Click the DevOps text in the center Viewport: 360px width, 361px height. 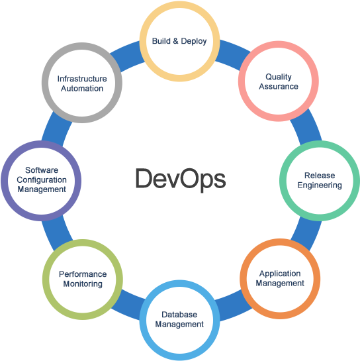(180, 179)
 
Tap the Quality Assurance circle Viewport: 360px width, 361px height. (278, 81)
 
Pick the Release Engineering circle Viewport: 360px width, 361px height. (320, 180)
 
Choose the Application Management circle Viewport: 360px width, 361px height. (280, 278)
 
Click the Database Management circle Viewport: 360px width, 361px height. (179, 319)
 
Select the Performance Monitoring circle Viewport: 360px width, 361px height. (83, 278)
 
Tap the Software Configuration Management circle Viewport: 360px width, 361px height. (42, 180)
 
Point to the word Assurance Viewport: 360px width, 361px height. (279, 87)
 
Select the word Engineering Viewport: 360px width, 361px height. (320, 185)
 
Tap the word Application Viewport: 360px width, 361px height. (280, 274)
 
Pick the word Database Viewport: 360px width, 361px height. (179, 315)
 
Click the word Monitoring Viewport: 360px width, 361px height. (83, 284)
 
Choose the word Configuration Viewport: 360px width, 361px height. (42, 180)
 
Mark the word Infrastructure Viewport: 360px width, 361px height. (82, 78)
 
